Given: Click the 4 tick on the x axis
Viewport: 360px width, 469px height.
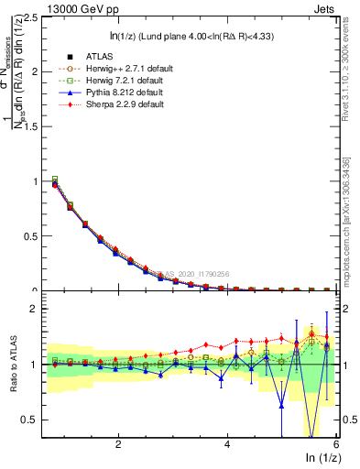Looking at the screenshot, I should click(227, 444).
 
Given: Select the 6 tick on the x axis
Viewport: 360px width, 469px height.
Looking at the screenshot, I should click(335, 444).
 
